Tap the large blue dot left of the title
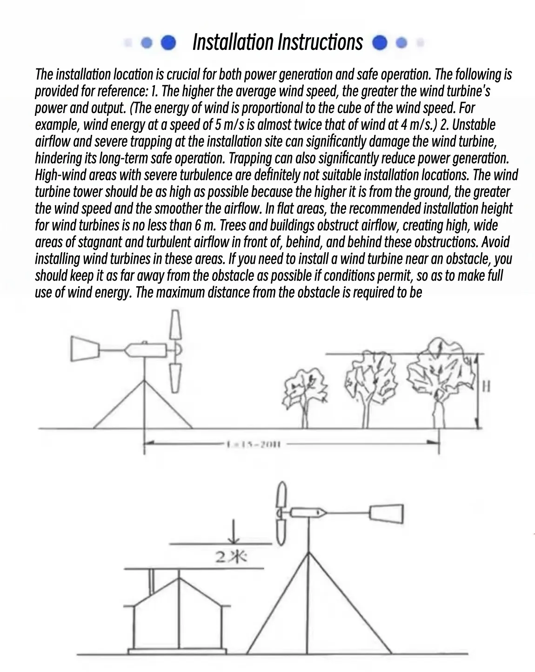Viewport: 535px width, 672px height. (168, 43)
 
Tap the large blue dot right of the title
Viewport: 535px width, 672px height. (380, 43)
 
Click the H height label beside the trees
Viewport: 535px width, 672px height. (486, 386)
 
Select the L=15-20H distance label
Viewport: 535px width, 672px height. (253, 444)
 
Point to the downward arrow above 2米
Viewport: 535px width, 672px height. (234, 533)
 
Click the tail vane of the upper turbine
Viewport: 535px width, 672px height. (84, 349)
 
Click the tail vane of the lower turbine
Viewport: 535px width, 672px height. (386, 514)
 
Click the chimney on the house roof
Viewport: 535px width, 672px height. (151, 580)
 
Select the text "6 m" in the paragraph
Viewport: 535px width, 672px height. (205, 226)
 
